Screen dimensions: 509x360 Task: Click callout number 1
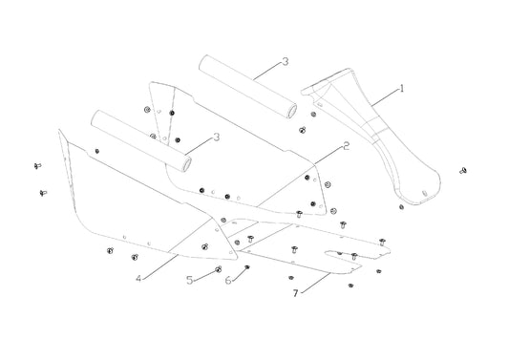(x=402, y=88)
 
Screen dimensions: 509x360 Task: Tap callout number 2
(x=347, y=146)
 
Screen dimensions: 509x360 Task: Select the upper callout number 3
(x=285, y=61)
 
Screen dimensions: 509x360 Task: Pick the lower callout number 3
(x=217, y=137)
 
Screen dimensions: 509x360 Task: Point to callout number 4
(x=138, y=279)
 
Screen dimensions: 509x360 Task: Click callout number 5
(x=190, y=280)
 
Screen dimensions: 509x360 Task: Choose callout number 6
(x=228, y=280)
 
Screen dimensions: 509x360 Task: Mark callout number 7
(x=295, y=293)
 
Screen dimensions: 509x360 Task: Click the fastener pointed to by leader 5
(x=218, y=269)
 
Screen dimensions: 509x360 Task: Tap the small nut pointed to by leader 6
(x=247, y=266)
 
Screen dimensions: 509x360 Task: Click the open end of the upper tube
(x=292, y=112)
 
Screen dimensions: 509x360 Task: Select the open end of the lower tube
(x=186, y=164)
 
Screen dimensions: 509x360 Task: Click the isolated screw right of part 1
(x=463, y=170)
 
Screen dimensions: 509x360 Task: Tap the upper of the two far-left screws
(x=37, y=166)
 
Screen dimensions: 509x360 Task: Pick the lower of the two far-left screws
(x=43, y=193)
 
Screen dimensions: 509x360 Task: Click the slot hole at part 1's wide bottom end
(x=425, y=193)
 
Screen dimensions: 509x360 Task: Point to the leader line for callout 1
(x=385, y=96)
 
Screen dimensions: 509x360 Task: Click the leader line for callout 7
(x=315, y=283)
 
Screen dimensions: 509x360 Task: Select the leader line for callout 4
(x=159, y=266)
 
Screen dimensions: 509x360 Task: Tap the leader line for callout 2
(x=329, y=155)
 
